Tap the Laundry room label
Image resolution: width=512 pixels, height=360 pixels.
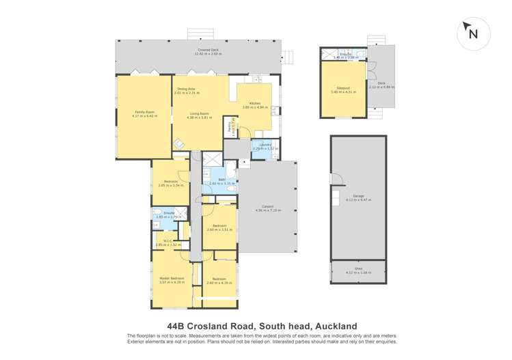tap(265, 146)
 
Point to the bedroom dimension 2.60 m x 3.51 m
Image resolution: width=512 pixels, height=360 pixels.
tap(219, 230)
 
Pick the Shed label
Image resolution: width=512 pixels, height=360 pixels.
tap(358, 269)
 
